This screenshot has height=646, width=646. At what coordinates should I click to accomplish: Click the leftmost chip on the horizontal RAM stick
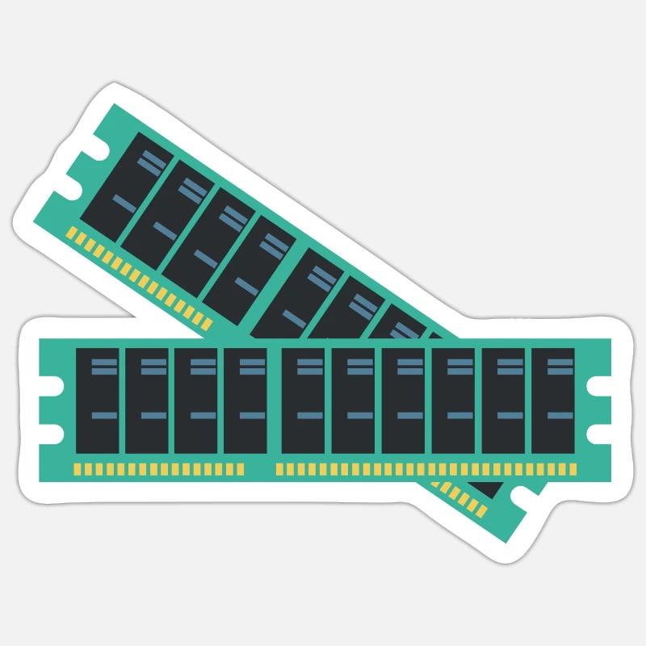(98, 401)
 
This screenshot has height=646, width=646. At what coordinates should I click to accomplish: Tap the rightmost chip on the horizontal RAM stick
(552, 401)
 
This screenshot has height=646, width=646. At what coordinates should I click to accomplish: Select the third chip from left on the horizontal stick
(196, 401)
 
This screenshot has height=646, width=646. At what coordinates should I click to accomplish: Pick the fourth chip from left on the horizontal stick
(245, 401)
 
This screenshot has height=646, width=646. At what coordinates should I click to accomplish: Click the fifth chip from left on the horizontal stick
(303, 401)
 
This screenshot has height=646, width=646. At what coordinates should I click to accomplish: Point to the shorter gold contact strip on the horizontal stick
(158, 468)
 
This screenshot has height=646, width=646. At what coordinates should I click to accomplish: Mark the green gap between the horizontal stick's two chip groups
(275, 401)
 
